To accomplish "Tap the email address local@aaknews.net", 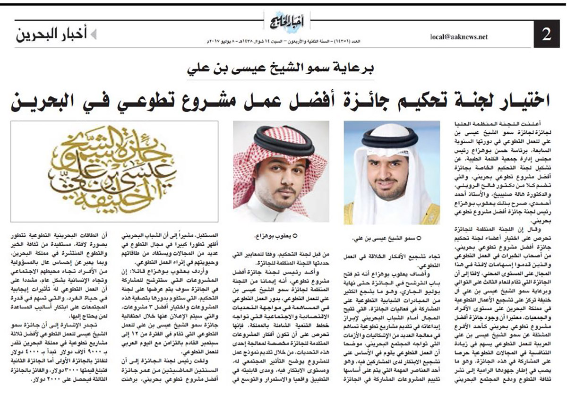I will (x=458, y=37).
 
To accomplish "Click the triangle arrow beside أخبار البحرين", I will (x=94, y=34).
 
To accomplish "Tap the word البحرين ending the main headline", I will (x=45, y=100).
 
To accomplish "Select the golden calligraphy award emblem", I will (x=115, y=171).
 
